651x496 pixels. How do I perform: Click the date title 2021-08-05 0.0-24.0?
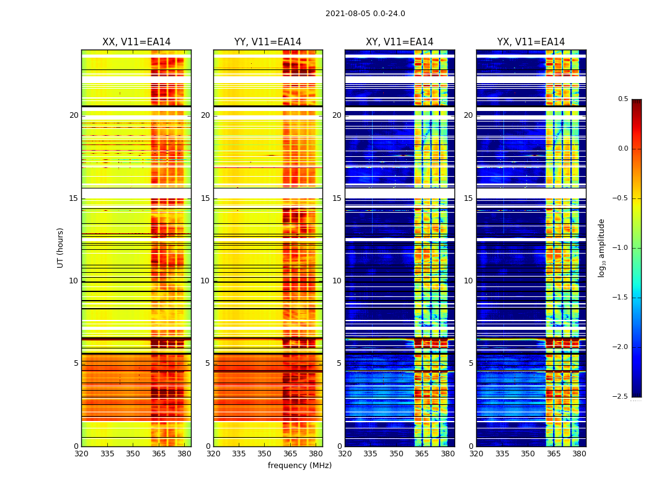coord(365,14)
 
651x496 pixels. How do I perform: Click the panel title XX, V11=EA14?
coord(136,42)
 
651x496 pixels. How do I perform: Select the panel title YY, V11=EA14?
coord(268,42)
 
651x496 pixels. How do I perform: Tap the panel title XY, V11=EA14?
coord(399,42)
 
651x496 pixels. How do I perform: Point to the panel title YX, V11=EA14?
coord(531,42)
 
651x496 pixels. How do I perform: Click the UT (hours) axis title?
coord(60,247)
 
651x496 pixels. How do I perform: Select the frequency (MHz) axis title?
coord(299,466)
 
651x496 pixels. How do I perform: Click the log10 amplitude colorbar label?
coord(601,247)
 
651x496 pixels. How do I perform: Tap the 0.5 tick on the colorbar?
coord(622,99)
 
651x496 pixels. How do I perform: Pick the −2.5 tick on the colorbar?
coord(621,397)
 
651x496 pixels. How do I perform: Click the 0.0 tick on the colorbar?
coord(622,149)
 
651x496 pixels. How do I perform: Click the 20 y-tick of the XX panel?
coord(74,115)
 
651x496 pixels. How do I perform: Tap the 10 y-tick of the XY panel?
coord(337,281)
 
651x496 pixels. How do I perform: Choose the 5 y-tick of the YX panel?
coord(471,363)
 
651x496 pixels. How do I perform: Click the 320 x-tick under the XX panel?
coord(81,454)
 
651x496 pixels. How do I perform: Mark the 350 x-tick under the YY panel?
coord(265,454)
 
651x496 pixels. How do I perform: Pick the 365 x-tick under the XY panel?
coord(422,454)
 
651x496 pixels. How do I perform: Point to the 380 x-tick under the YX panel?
coord(579,454)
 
